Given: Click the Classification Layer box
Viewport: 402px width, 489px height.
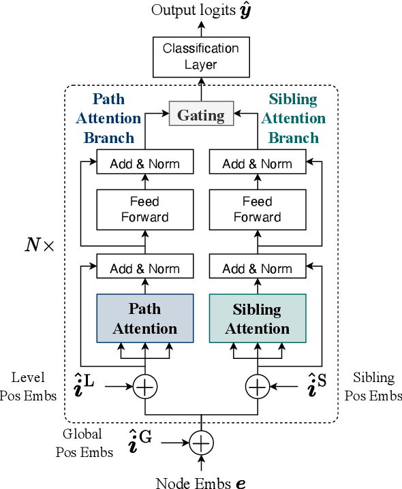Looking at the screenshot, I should (x=200, y=57).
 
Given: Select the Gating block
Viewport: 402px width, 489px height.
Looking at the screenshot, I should (x=201, y=114).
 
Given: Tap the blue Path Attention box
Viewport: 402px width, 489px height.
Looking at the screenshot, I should (x=145, y=319).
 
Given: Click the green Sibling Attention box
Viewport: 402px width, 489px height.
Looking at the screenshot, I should (x=257, y=319).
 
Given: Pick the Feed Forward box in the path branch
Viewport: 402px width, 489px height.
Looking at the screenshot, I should (x=145, y=209).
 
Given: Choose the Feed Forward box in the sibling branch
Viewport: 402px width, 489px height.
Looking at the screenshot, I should (x=257, y=209).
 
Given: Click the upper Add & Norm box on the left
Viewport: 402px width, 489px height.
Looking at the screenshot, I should (x=145, y=163).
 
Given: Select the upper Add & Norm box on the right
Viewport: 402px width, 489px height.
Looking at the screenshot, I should (x=257, y=163).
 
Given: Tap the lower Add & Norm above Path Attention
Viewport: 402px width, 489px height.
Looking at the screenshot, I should (x=145, y=268).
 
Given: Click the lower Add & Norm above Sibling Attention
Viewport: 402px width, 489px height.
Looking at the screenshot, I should (x=257, y=268).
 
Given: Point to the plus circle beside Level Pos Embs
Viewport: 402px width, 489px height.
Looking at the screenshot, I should (x=145, y=387).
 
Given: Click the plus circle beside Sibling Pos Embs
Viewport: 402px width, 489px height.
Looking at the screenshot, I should (x=257, y=387).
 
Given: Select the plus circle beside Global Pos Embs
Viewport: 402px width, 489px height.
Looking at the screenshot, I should (x=201, y=443).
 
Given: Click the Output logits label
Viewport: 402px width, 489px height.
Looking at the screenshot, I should (x=200, y=10).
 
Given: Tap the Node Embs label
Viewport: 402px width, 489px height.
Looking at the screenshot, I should (x=200, y=482).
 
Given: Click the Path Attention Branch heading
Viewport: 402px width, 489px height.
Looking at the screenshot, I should (x=108, y=119).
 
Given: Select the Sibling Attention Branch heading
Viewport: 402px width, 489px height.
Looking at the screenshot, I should (x=294, y=119).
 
